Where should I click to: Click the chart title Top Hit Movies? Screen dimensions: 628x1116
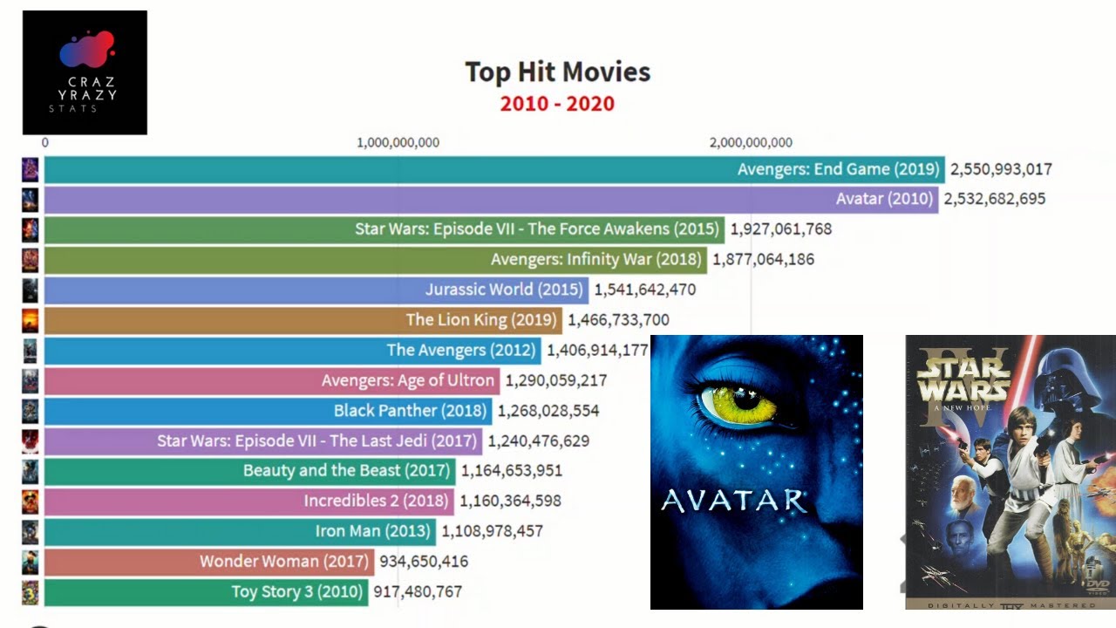coord(557,72)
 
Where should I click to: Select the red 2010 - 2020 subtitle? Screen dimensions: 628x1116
coord(557,104)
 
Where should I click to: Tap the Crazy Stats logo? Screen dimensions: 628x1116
coord(85,72)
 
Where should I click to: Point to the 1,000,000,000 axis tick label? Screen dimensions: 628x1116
coord(398,143)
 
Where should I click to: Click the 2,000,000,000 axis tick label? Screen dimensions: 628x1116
coord(751,143)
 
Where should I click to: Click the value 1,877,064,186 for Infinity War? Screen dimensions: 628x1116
coord(763,259)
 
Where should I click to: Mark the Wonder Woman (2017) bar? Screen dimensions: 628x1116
coord(208,561)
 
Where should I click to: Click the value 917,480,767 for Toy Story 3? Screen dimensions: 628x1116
coord(418,591)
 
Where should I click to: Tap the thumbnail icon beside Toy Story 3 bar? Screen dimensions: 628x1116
coord(31,591)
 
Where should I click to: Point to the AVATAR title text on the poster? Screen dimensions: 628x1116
coord(733,502)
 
